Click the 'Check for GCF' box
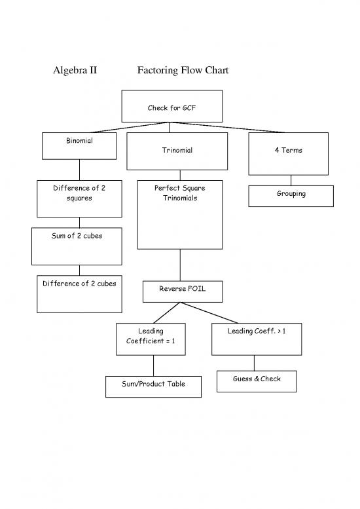point(172,106)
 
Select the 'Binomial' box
point(79,145)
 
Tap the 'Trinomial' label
point(177,151)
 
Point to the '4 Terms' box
point(288,153)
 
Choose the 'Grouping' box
point(291,195)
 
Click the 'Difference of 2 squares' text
point(79,193)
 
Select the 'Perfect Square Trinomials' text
point(179,193)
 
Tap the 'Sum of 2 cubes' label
point(77,236)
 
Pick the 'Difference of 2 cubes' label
point(79,284)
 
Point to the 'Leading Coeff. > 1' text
point(256,331)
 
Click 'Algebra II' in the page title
point(75,70)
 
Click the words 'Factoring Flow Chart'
point(183,70)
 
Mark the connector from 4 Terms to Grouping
point(291,180)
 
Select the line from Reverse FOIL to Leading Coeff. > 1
point(219,312)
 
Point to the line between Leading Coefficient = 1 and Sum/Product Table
point(154,366)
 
